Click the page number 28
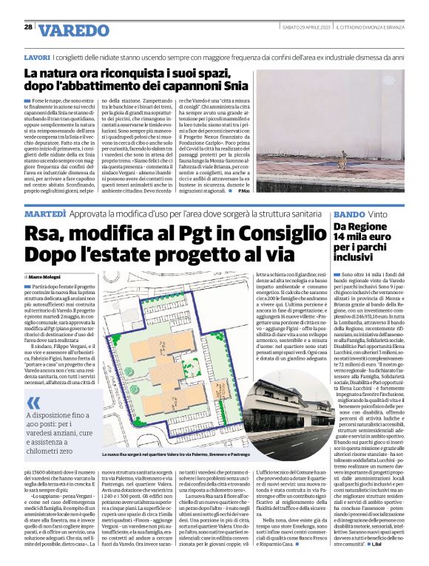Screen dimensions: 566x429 (28, 27)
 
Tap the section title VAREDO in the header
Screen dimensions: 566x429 (73, 31)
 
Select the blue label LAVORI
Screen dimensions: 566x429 (37, 57)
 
